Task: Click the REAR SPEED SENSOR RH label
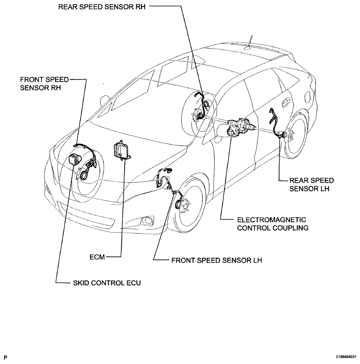pyautogui.click(x=102, y=7)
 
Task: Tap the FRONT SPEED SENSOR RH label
pyautogui.click(x=45, y=84)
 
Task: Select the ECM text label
pyautogui.click(x=97, y=257)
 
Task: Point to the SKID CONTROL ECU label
pyautogui.click(x=107, y=283)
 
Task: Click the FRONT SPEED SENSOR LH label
pyautogui.click(x=217, y=260)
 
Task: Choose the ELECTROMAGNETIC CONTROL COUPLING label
pyautogui.click(x=273, y=224)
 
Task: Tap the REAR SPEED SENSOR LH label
pyautogui.click(x=311, y=184)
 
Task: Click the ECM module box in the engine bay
pyautogui.click(x=122, y=150)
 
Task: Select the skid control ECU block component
pyautogui.click(x=75, y=159)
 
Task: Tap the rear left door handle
pyautogui.click(x=285, y=102)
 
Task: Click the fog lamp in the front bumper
pyautogui.click(x=147, y=220)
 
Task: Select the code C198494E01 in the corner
pyautogui.click(x=346, y=357)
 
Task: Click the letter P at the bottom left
pyautogui.click(x=5, y=357)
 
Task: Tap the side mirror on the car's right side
pyautogui.click(x=105, y=100)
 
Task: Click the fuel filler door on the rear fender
pyautogui.click(x=307, y=97)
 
